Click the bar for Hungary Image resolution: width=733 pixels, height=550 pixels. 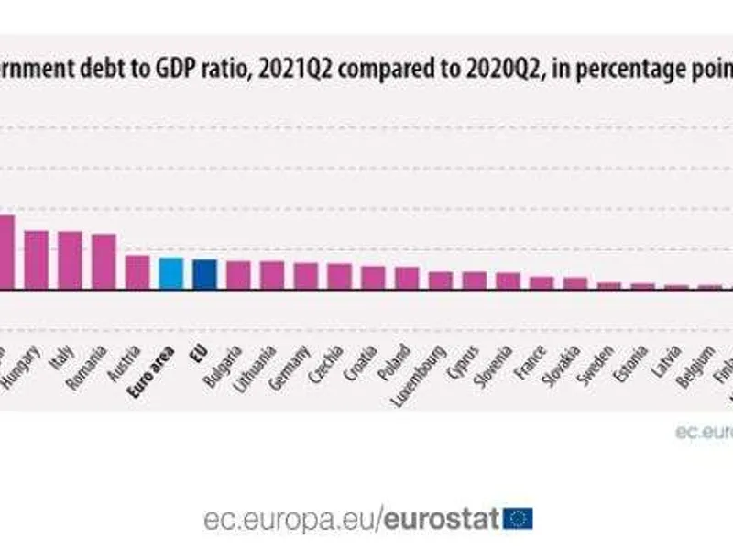coord(36,259)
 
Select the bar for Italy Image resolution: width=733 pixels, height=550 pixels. coord(70,260)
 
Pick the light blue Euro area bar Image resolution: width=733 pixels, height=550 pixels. coord(171,273)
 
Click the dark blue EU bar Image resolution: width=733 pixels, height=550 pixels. coord(204,274)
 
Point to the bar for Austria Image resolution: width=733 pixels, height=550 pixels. coord(137,272)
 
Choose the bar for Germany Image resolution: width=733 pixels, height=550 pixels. coord(306,276)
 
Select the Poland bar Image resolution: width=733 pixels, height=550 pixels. coord(407,278)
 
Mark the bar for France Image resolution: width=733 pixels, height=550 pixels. coord(542,282)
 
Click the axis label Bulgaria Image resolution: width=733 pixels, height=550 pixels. coord(224,366)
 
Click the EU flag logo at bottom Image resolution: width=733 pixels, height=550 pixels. coord(519,519)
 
